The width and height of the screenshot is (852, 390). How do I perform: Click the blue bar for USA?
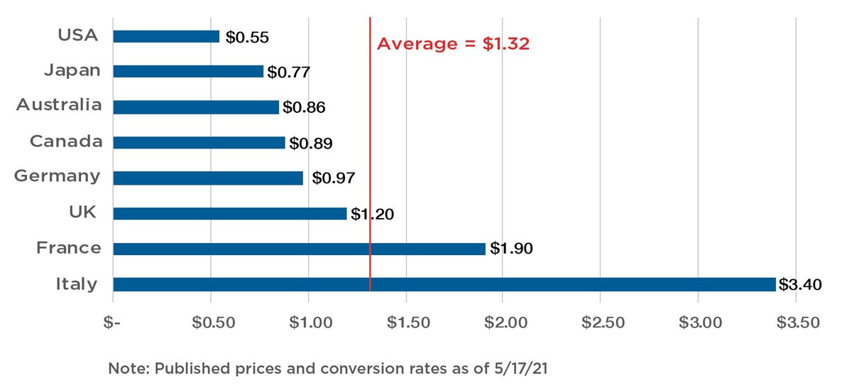coord(166,36)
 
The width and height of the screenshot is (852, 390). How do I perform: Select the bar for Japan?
coord(188,71)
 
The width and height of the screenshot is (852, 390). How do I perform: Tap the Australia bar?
coord(196,107)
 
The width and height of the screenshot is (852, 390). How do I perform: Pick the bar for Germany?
coord(208,178)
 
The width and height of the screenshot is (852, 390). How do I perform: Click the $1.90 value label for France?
coord(511,249)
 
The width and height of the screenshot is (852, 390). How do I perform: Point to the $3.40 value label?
coord(800,285)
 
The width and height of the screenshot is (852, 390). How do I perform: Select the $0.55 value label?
coord(247,37)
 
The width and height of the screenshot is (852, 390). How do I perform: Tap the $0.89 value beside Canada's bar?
coord(311,143)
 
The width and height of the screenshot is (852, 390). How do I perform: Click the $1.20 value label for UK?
coord(372,215)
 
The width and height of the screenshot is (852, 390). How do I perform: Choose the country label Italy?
coord(77,284)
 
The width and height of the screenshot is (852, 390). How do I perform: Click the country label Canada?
coord(66,141)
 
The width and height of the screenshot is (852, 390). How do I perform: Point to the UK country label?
coord(82,212)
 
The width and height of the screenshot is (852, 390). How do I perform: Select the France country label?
coord(69,248)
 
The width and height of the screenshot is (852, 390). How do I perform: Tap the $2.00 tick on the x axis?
coord(506,323)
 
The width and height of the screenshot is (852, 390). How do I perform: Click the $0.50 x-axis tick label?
coord(214,323)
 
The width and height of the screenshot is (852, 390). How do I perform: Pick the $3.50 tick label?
coord(798,323)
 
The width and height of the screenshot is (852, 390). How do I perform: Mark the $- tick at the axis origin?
coord(112,323)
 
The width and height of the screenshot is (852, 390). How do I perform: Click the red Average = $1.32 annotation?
coord(453,44)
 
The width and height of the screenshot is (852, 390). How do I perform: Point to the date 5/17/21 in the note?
coord(521,368)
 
